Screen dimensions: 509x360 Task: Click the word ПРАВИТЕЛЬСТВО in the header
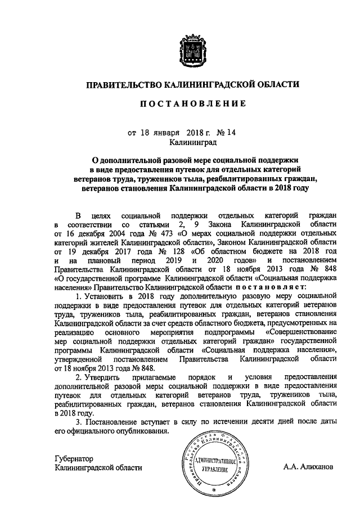(x=123, y=84)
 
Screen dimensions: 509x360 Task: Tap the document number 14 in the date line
(x=232, y=133)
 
